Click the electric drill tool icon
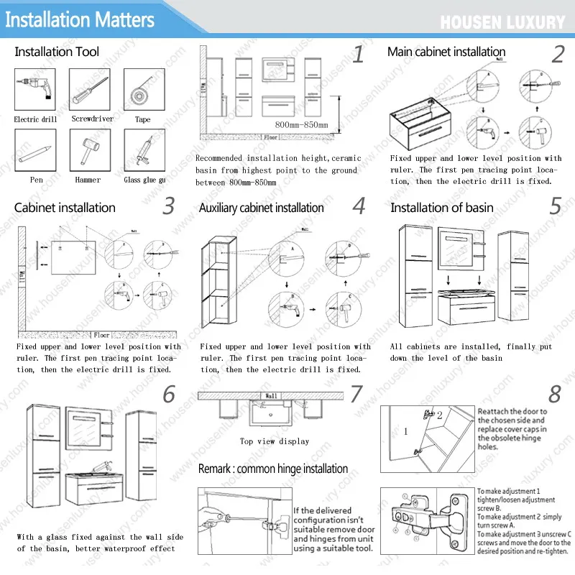tap(34, 89)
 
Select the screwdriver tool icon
tap(89, 89)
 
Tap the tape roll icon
tap(144, 89)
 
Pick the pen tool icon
tap(34, 150)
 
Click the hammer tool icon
tap(89, 150)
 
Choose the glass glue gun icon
tap(144, 150)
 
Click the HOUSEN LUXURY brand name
tap(502, 22)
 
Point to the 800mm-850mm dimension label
tap(301, 126)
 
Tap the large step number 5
tap(556, 206)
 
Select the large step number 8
tap(554, 395)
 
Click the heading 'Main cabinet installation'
tap(446, 52)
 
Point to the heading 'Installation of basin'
tap(441, 208)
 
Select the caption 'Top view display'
tap(274, 441)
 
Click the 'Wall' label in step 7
tap(271, 396)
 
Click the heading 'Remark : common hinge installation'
tap(273, 469)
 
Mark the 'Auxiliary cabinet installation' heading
tap(261, 208)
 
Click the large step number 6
tap(169, 394)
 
